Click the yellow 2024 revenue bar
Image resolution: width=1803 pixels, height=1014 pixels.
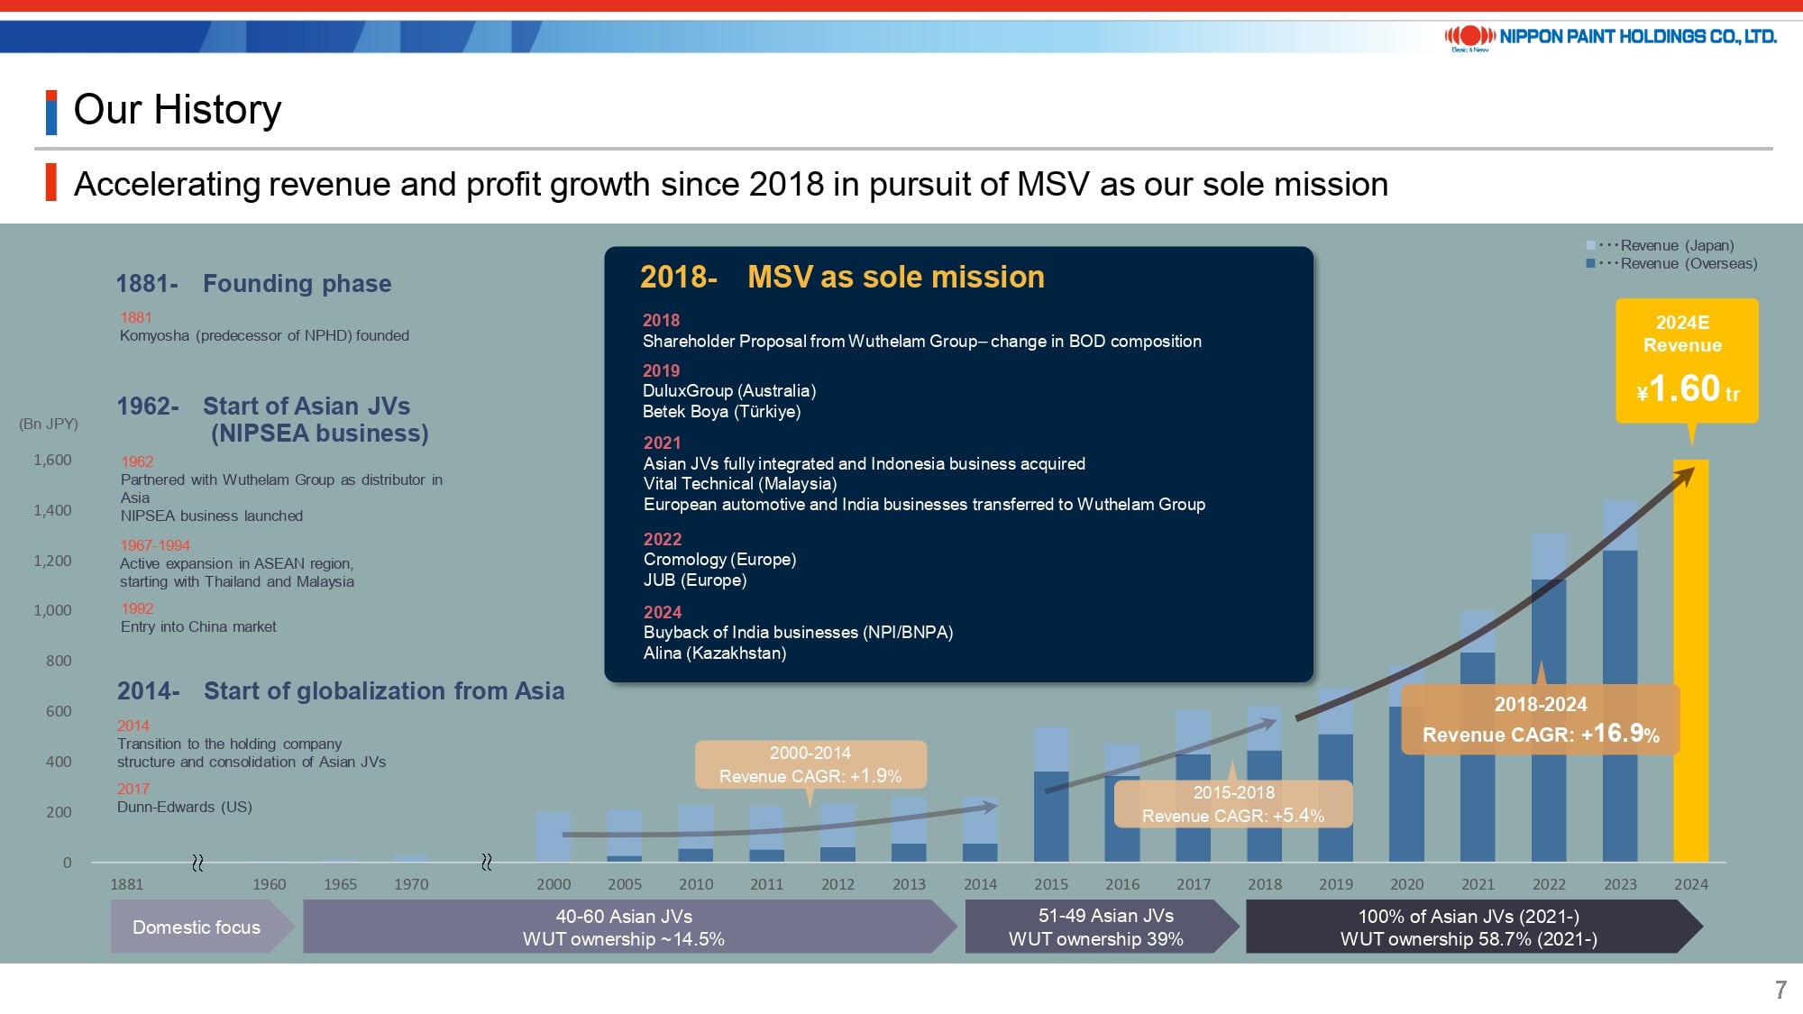1690,661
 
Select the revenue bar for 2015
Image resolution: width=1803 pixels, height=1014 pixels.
1051,794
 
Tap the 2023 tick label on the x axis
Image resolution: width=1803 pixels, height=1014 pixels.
1620,884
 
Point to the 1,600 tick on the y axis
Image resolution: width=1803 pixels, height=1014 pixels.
52,460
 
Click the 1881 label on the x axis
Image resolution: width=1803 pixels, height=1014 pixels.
127,884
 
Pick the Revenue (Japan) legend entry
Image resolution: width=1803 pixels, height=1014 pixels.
1661,245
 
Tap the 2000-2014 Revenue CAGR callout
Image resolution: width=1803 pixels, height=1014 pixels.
810,764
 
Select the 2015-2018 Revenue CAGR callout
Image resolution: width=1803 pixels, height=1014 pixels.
1233,804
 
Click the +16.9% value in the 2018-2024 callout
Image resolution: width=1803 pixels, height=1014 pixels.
1620,733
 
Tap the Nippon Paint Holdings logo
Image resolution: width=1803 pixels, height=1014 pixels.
1610,37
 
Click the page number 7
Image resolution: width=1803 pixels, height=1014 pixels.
1780,990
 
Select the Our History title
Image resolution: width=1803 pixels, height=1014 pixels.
178,110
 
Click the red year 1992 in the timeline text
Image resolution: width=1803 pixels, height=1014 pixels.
137,608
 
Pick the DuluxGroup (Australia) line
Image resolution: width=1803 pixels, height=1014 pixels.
729,390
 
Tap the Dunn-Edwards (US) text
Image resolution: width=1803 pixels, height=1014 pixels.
185,807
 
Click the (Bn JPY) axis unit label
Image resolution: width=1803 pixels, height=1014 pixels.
49,424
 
